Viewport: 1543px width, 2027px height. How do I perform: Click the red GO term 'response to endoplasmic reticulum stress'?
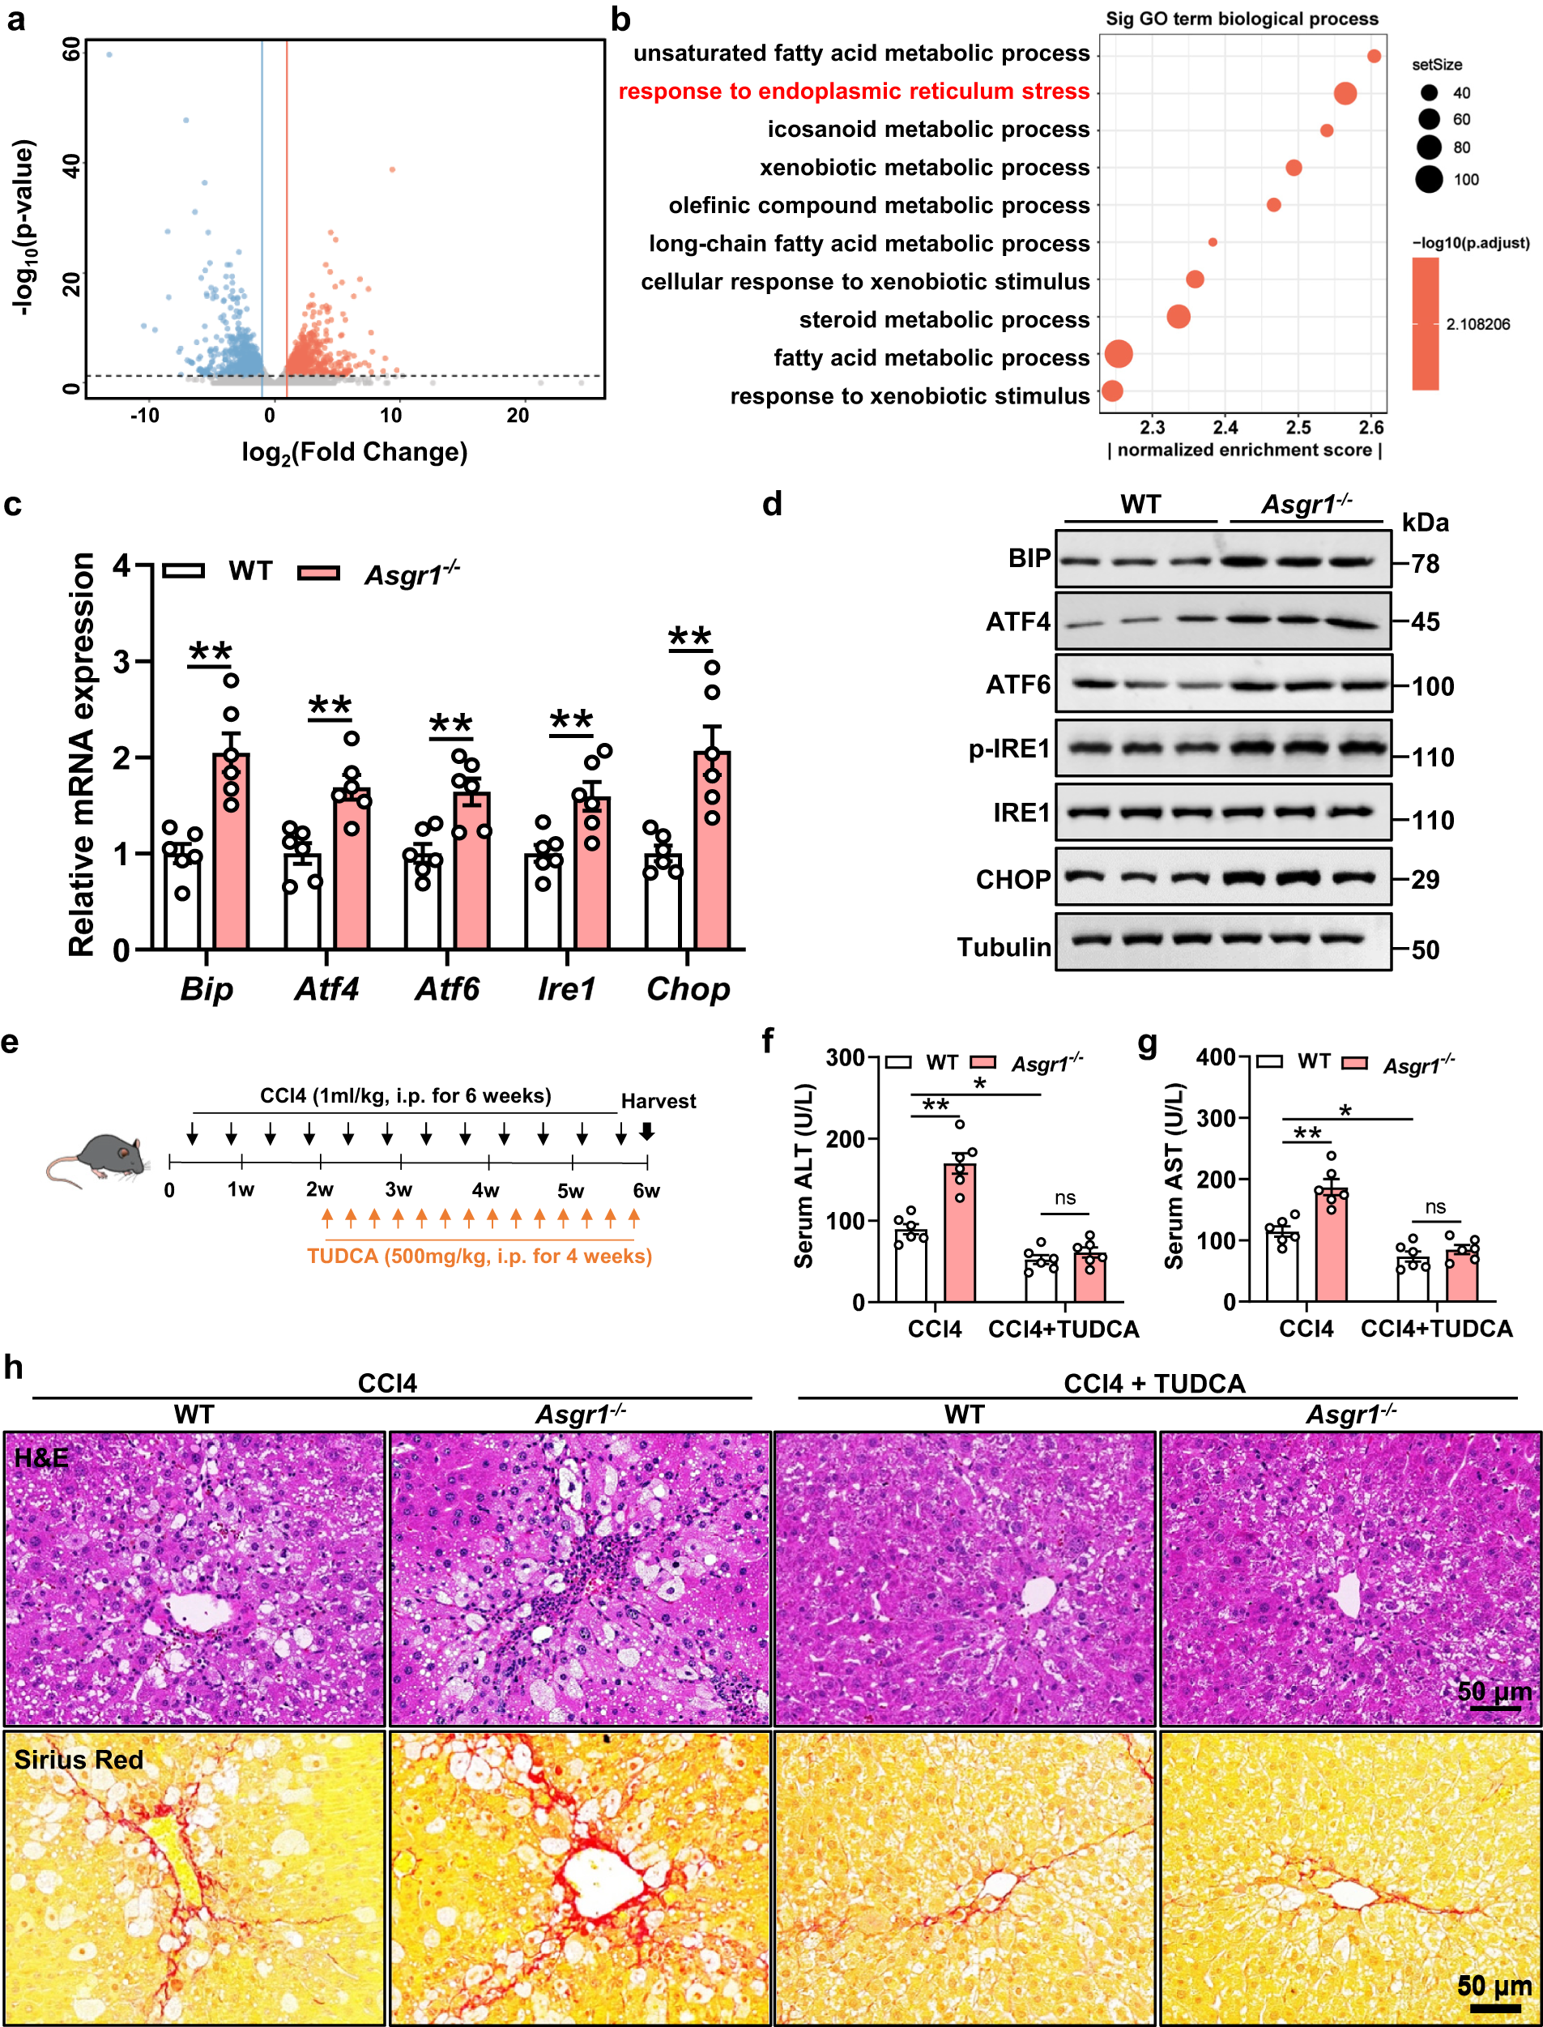(853, 92)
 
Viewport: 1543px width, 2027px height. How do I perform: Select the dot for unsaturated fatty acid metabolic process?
(1373, 56)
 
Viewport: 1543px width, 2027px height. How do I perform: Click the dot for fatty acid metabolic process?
(1118, 353)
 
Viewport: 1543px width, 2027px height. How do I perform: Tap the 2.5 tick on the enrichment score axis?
(1298, 427)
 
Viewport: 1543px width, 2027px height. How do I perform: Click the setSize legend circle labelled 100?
(1428, 179)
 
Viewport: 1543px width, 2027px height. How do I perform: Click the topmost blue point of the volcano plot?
(109, 55)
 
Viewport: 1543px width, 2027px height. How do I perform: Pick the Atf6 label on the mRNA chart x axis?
(447, 989)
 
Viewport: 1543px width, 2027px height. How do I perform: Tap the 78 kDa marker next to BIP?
(1425, 564)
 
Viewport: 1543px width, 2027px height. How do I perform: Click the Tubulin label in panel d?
(1004, 947)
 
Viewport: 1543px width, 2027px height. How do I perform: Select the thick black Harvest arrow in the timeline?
(646, 1132)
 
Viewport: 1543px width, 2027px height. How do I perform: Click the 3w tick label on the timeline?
(399, 1190)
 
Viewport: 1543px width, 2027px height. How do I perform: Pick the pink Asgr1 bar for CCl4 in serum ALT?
(960, 1232)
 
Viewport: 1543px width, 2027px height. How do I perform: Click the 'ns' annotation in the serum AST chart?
(1435, 1207)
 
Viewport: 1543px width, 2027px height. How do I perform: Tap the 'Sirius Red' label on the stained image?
(79, 1760)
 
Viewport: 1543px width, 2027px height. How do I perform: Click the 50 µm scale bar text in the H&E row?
(1494, 1691)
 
